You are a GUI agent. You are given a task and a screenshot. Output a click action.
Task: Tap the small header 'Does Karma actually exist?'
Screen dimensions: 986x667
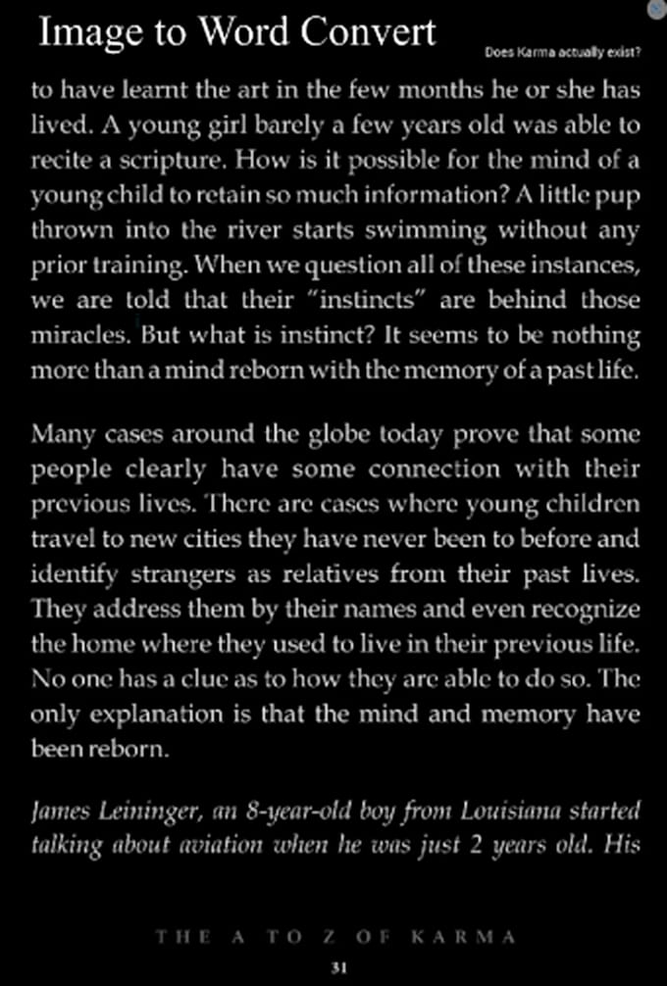[x=563, y=51]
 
